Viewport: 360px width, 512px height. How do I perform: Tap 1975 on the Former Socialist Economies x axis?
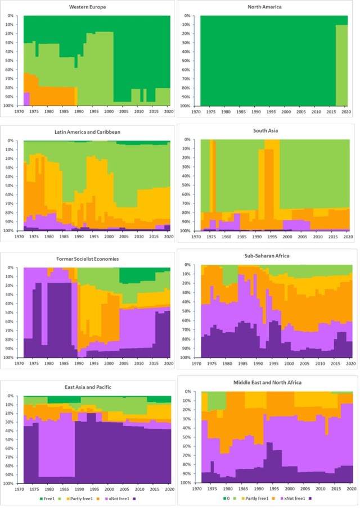35,363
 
